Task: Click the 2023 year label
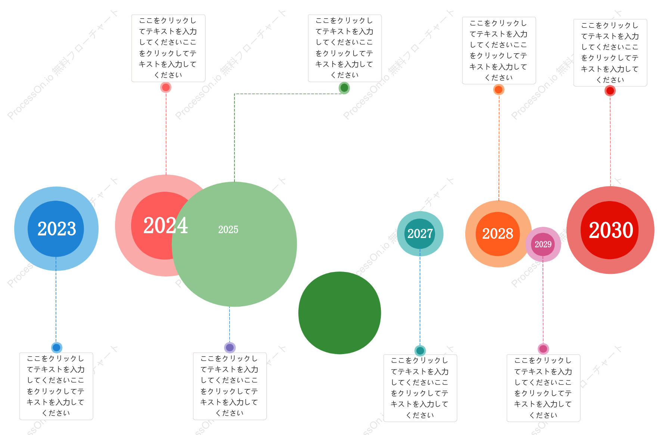pos(57,229)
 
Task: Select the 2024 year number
pos(165,225)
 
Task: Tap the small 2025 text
pos(228,229)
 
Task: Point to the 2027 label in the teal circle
pos(420,234)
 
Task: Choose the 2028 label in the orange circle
pos(498,234)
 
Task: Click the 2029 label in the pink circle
pos(543,244)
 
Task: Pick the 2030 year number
pos(611,230)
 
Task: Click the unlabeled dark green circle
pos(340,313)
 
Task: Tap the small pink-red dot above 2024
pos(166,87)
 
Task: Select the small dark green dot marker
pos(344,88)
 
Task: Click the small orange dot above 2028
pos(499,90)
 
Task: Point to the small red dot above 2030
pos(610,91)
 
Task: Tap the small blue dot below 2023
pos(56,348)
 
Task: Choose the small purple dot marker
pos(230,348)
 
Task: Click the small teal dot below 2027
pos(420,351)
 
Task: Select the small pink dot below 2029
pos(543,349)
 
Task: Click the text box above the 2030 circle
pos(610,53)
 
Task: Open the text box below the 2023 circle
pos(56,386)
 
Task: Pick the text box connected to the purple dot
pos(230,386)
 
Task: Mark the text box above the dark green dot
pos(345,48)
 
